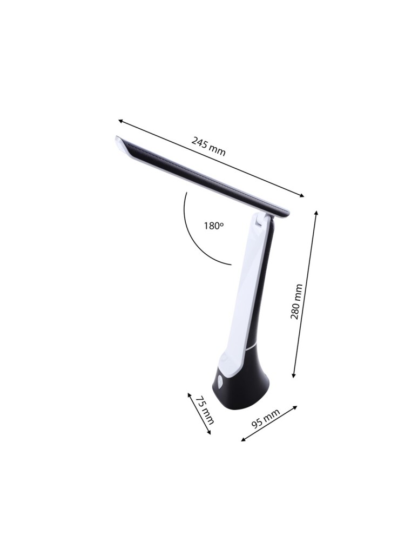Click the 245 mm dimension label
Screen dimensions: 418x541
click(208, 146)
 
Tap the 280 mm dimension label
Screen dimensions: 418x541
click(296, 301)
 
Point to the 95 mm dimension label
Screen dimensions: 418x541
click(266, 418)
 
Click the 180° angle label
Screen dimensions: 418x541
click(213, 226)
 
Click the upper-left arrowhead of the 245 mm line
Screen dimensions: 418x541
click(120, 121)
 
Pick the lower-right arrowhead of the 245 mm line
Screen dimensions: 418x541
click(302, 196)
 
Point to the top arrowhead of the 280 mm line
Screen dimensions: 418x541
click(316, 212)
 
